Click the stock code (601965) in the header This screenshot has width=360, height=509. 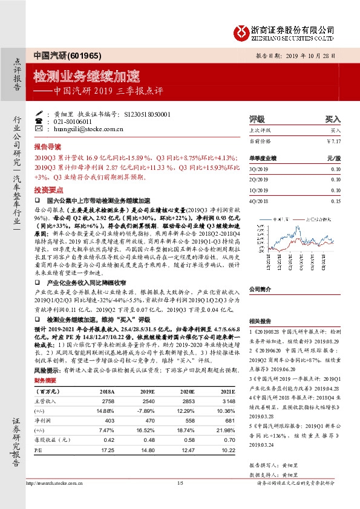coord(76,54)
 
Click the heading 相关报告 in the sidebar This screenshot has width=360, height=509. coord(261,322)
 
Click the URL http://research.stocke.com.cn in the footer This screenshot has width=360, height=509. coord(54,500)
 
